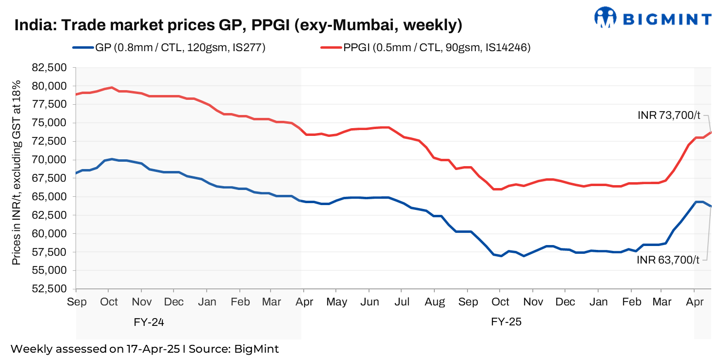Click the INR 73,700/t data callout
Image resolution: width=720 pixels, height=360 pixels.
click(669, 115)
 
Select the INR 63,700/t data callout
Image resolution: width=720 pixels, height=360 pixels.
click(668, 260)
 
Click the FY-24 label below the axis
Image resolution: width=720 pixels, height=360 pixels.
click(152, 322)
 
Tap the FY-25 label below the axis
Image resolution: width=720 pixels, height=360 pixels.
click(506, 322)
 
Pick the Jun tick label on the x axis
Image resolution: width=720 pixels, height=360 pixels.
click(370, 302)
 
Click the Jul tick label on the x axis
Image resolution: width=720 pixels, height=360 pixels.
click(401, 302)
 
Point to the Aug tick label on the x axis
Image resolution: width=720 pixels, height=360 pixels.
click(435, 302)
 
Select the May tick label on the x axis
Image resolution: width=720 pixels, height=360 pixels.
click(336, 302)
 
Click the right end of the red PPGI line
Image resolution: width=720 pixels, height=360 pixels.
click(711, 132)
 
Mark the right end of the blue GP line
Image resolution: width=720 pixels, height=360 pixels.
click(711, 206)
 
